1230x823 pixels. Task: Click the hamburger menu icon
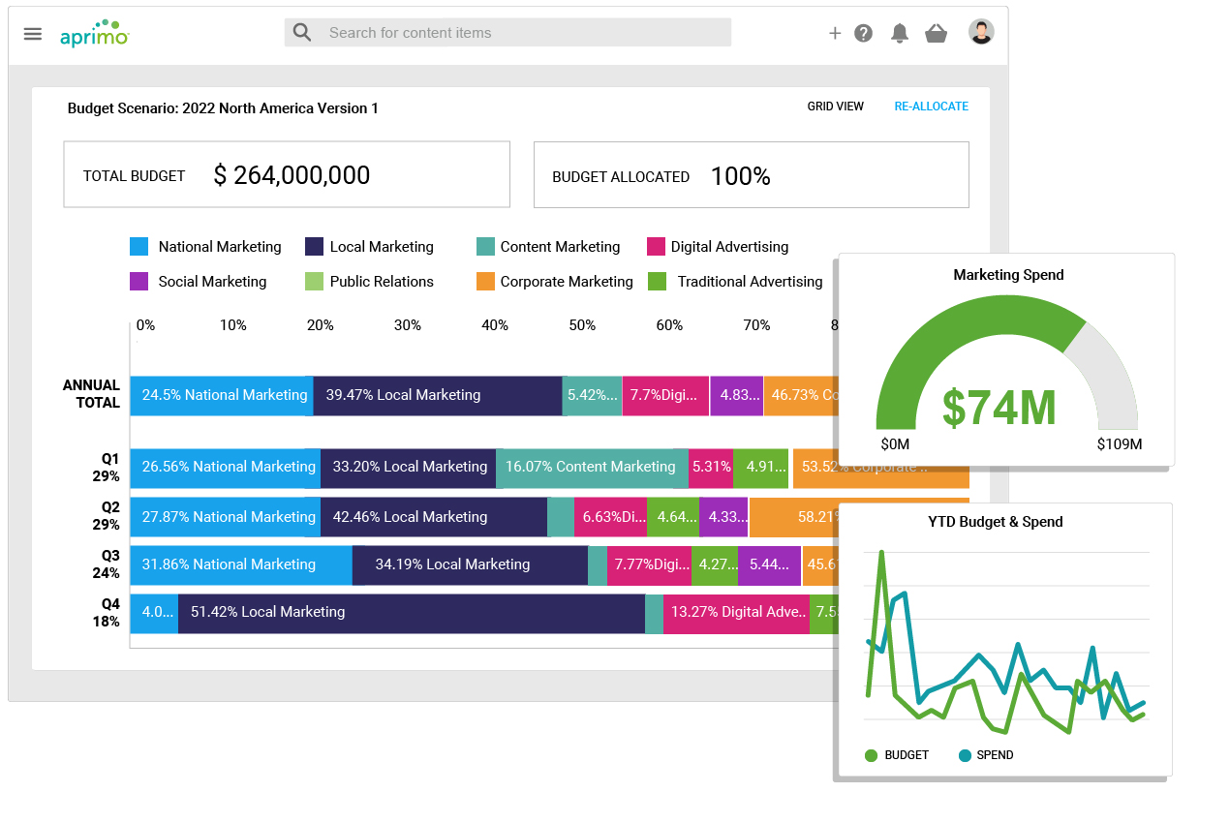[33, 34]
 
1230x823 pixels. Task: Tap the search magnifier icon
[302, 32]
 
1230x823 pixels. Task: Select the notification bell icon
[900, 34]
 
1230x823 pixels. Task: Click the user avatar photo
[981, 32]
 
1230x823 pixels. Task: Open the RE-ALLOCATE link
[931, 107]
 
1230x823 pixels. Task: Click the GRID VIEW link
[835, 107]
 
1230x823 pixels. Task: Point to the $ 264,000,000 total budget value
[292, 175]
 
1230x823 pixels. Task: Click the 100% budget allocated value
[740, 176]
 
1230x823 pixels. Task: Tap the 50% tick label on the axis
[582, 325]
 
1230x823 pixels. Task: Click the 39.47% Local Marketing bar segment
[438, 395]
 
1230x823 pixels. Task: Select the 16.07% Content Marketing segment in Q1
[590, 467]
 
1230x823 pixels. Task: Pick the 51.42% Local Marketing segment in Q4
[411, 612]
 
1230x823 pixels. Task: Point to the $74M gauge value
[999, 408]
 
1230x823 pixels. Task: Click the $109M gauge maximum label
[1119, 444]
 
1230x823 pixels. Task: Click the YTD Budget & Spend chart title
[995, 522]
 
